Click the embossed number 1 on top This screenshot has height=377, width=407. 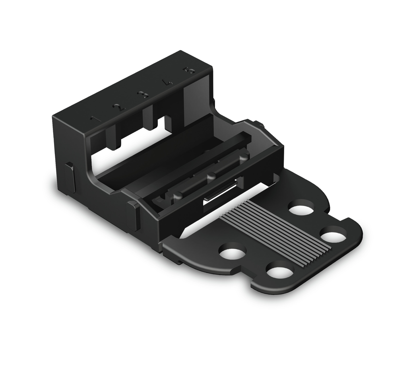94,119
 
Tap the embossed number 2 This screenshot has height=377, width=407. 118,107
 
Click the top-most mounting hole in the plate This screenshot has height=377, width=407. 301,208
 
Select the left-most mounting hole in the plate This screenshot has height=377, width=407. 232,252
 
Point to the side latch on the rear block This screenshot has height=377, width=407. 70,177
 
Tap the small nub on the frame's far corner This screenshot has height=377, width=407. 259,124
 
